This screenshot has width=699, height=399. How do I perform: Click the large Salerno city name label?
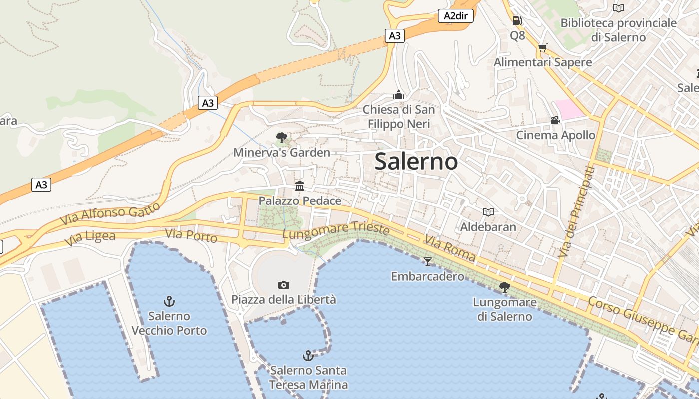(416, 161)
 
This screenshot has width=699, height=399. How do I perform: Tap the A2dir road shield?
(456, 16)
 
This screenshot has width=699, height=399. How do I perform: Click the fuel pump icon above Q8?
(517, 21)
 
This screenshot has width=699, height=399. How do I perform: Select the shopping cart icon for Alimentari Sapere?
(543, 48)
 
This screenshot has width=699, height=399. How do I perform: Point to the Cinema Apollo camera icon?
(555, 120)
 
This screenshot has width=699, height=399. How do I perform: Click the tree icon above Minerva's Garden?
(281, 137)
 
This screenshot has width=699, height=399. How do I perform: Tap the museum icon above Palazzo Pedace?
(300, 186)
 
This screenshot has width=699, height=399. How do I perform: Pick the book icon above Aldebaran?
(488, 212)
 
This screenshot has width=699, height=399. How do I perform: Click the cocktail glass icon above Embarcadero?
(427, 261)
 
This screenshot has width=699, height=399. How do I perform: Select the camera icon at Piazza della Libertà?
(284, 285)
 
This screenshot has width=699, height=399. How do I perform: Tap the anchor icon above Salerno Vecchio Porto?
(169, 301)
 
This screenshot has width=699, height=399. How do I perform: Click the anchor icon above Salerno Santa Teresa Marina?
(308, 356)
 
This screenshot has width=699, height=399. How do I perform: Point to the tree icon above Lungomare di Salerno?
(505, 287)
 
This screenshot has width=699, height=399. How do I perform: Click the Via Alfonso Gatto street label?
(110, 213)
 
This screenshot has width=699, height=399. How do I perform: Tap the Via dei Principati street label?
(577, 212)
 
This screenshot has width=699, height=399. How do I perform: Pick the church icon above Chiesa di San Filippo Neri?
(398, 95)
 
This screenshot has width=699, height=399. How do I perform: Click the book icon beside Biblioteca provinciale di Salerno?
(619, 8)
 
